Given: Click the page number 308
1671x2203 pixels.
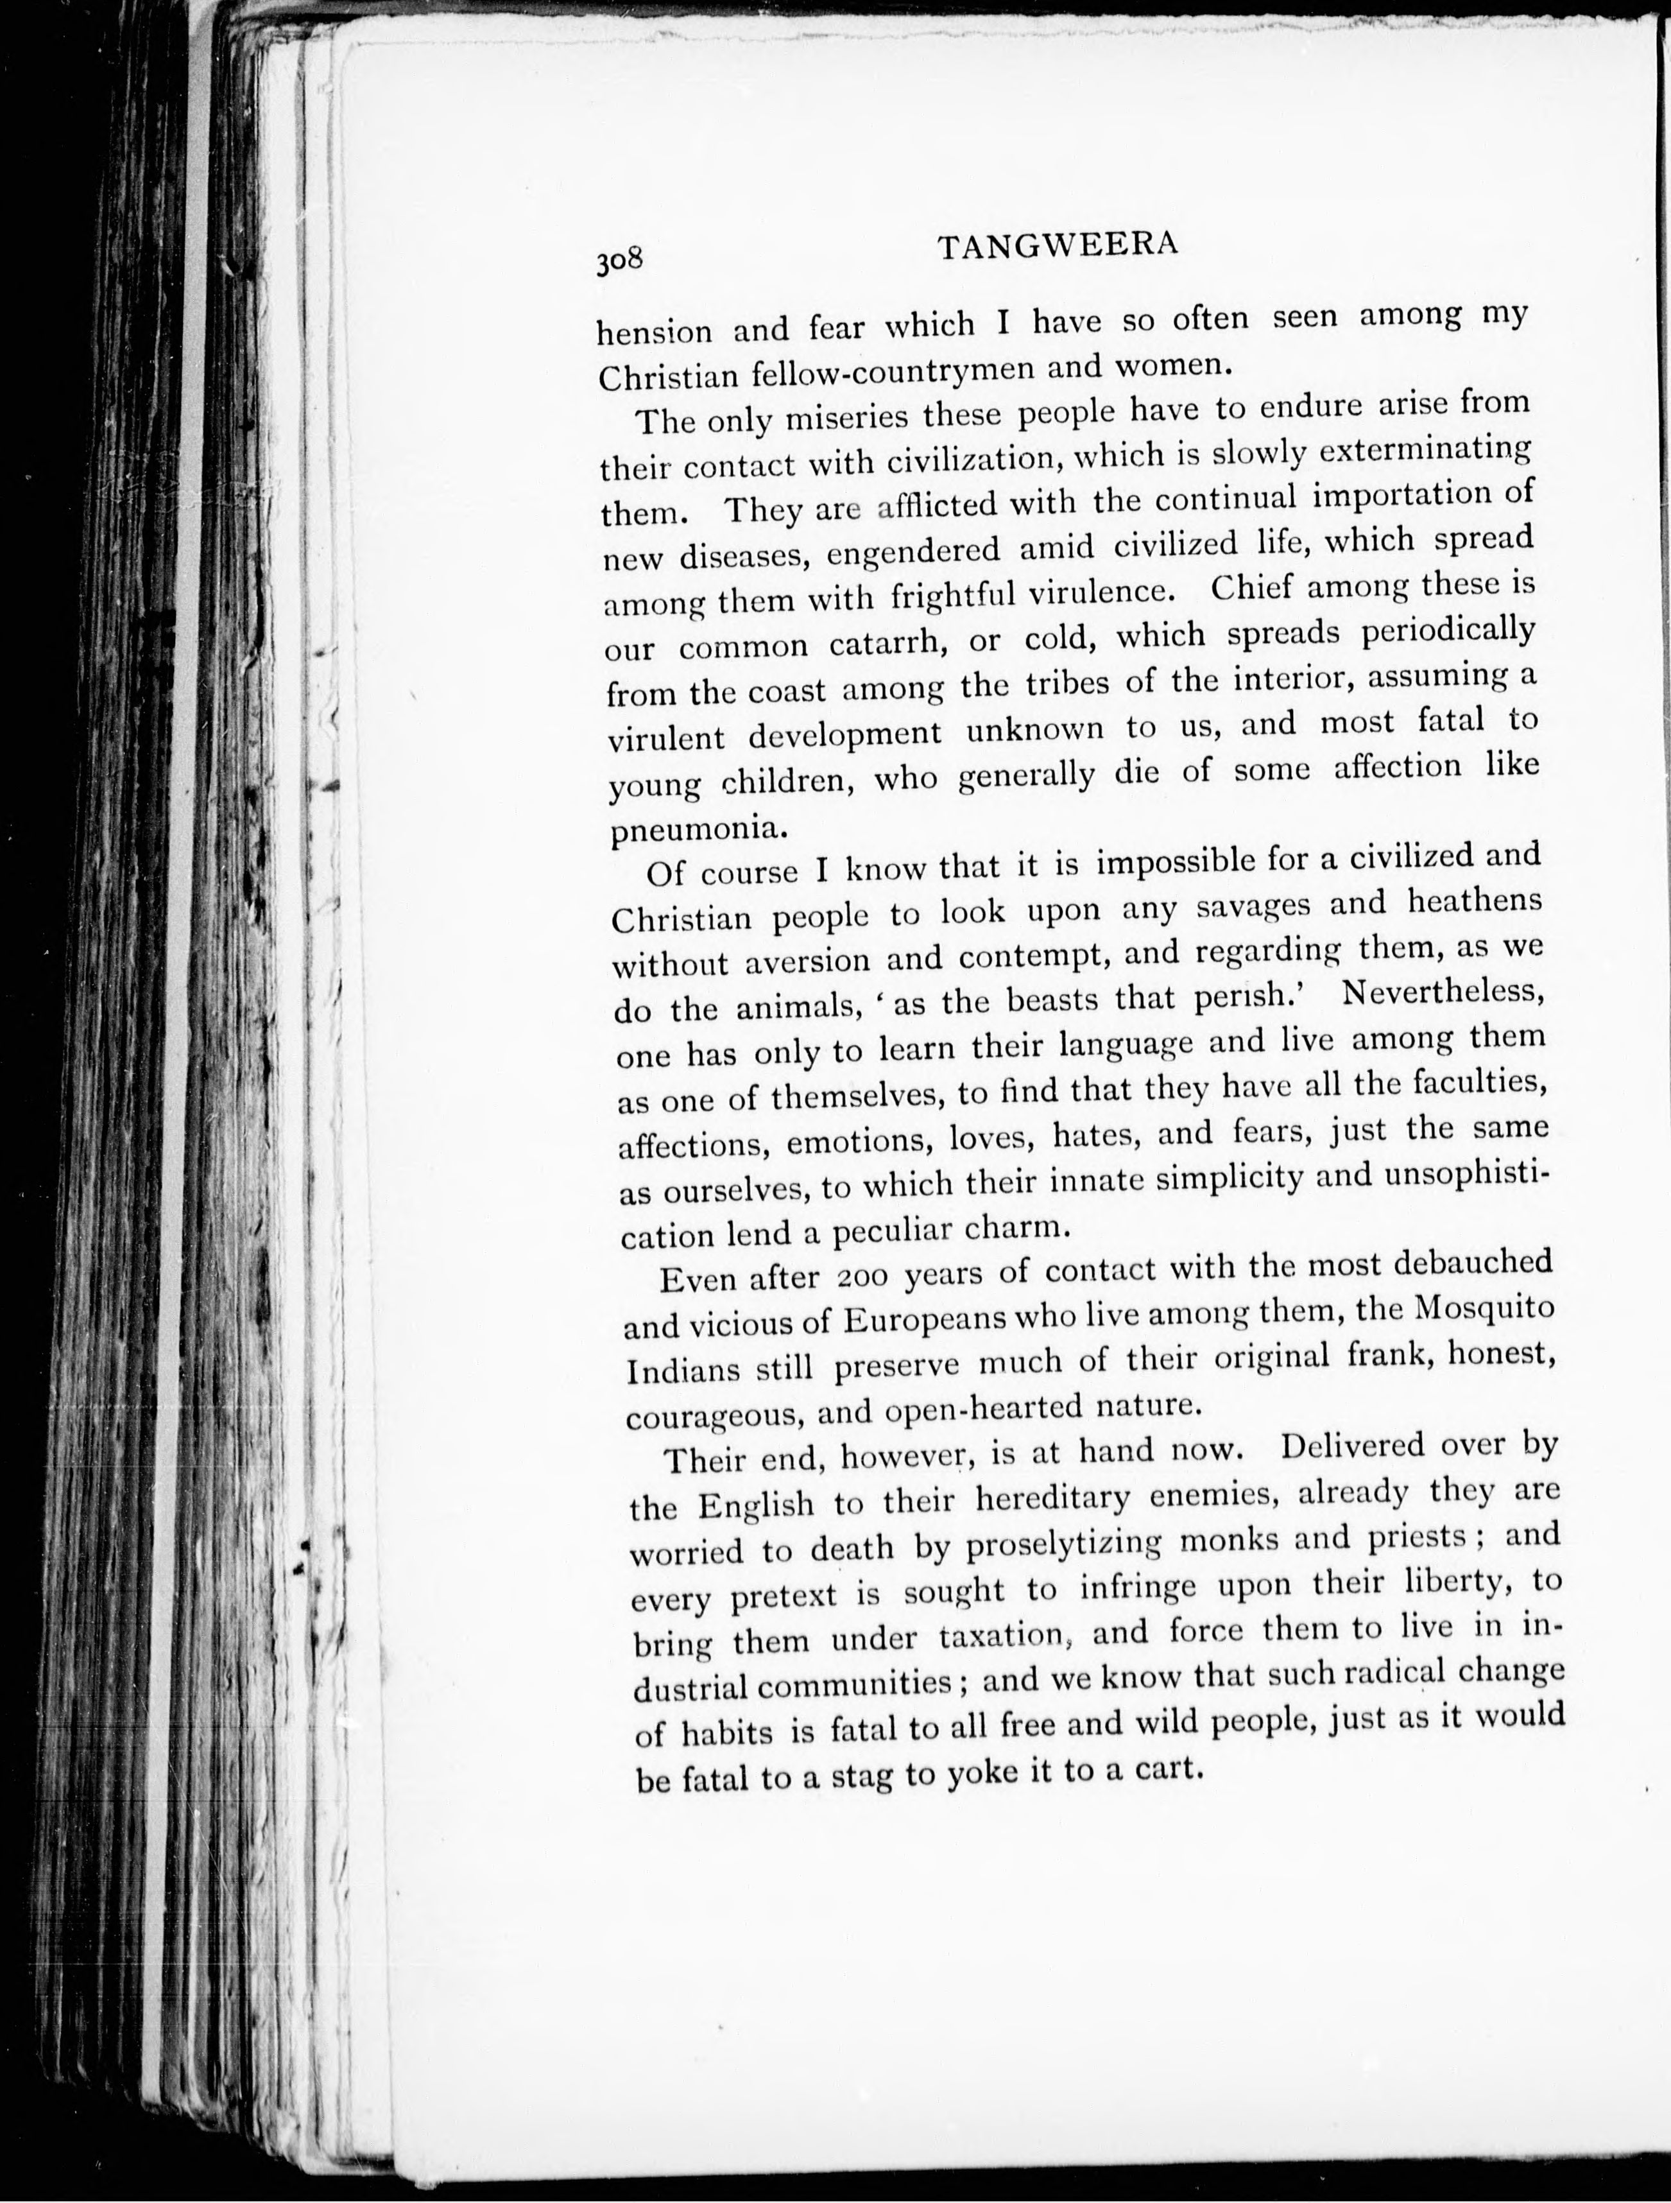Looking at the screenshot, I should coord(621,261).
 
